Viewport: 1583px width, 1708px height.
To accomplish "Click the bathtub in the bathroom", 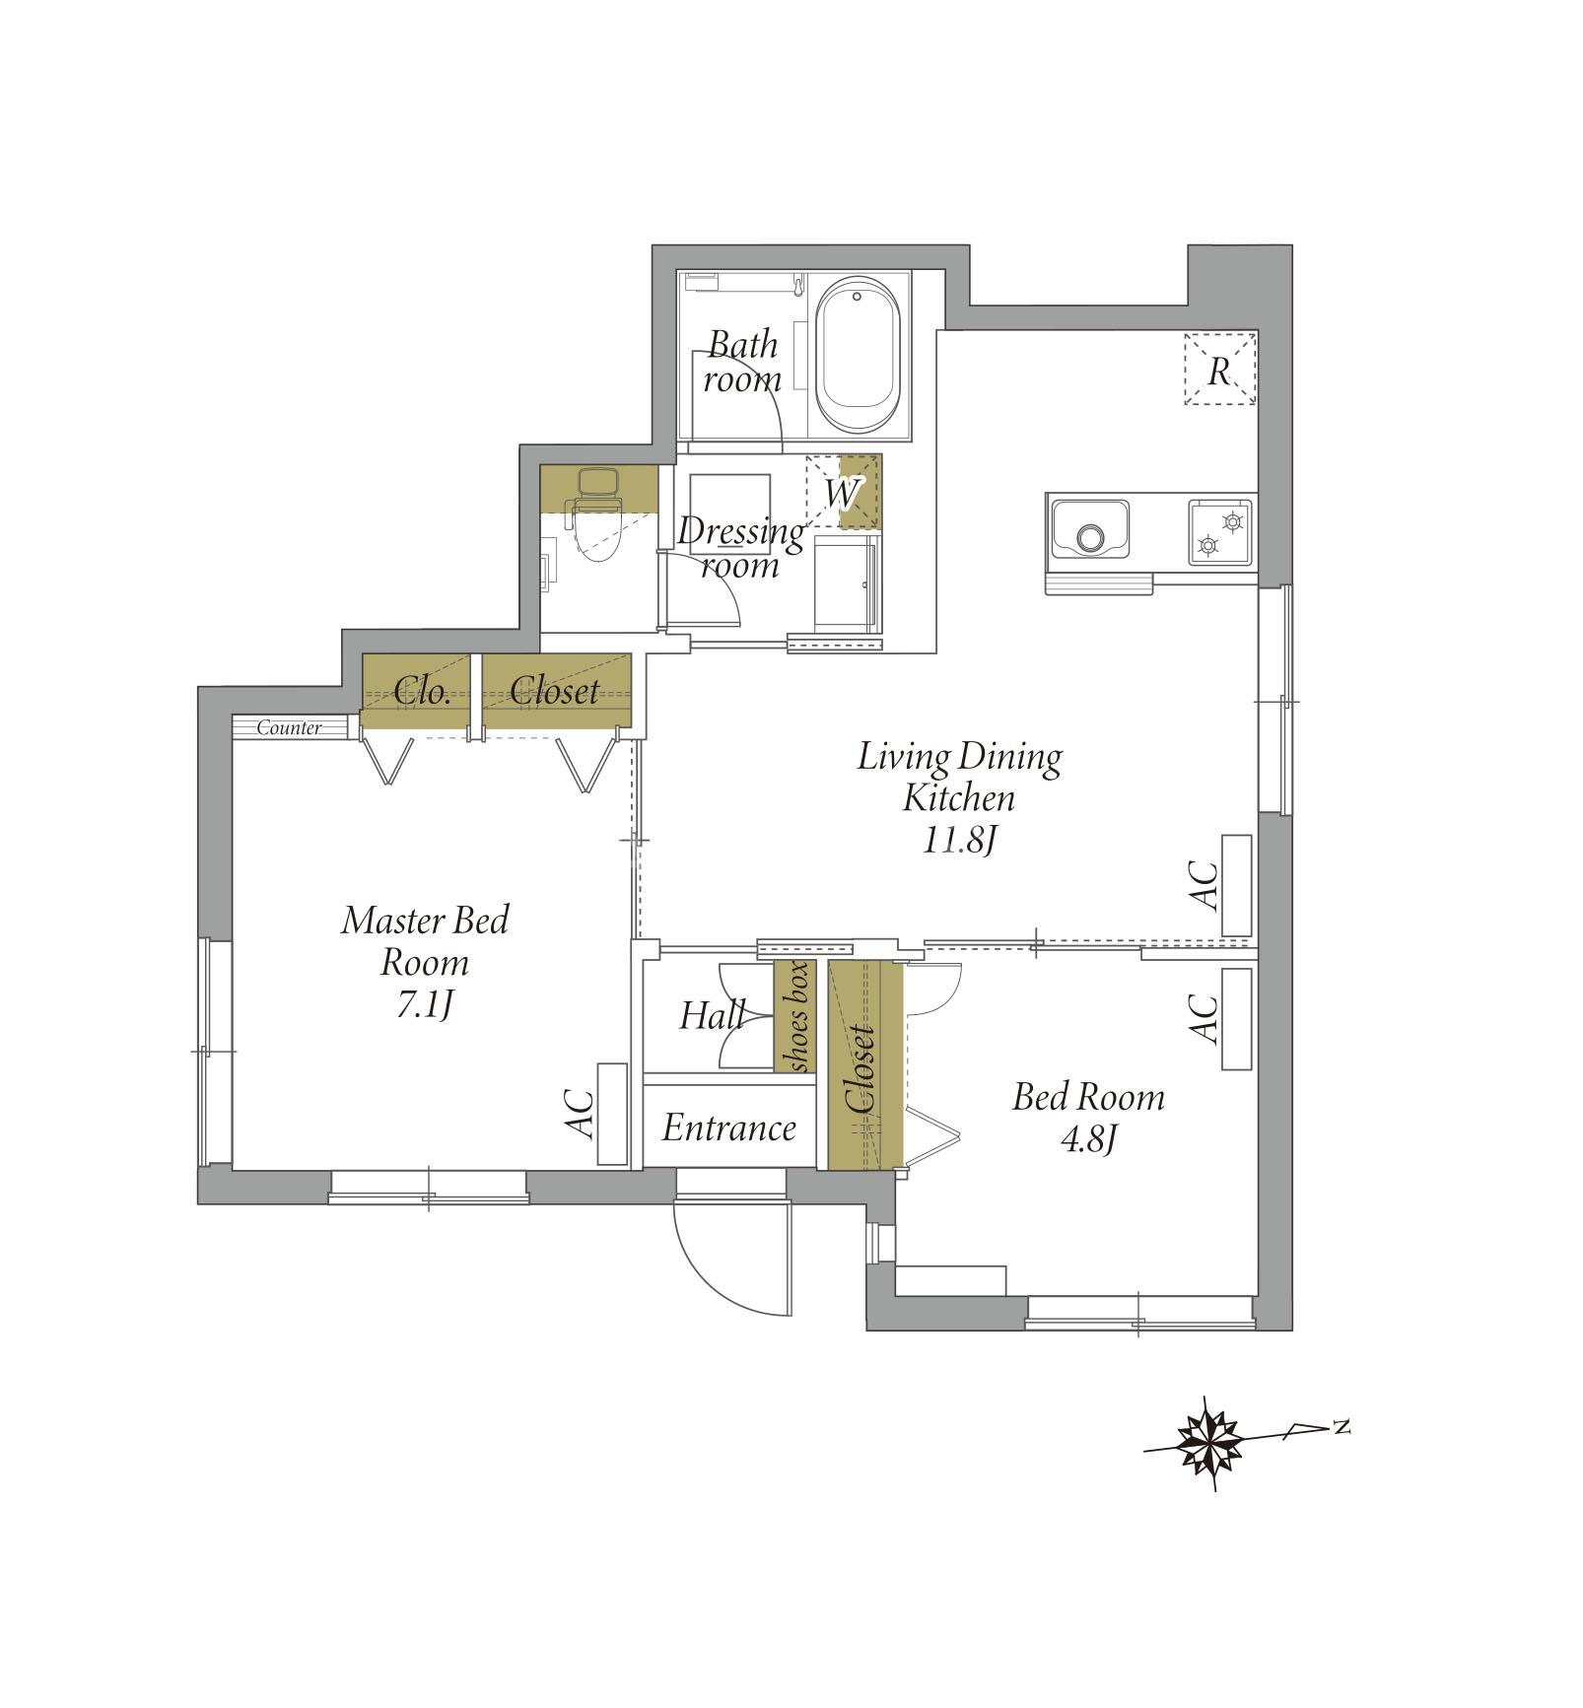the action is (859, 355).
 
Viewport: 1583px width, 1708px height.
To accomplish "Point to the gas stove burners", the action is (1220, 532).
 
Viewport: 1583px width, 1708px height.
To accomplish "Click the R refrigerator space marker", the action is (1220, 370).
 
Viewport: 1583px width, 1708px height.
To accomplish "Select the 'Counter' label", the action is (289, 728).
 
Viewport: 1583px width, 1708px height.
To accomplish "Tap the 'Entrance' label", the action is (728, 1127).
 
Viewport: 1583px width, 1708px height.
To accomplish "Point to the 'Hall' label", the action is (712, 1015).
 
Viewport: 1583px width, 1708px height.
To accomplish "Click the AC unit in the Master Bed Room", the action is (612, 1114).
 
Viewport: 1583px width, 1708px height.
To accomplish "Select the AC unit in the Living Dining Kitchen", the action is (1236, 885).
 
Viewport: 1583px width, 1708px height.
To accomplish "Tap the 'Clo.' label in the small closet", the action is (422, 692).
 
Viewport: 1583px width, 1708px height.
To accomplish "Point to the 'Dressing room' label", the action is (740, 548).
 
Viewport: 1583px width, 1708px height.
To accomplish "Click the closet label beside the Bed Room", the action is (860, 1069).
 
